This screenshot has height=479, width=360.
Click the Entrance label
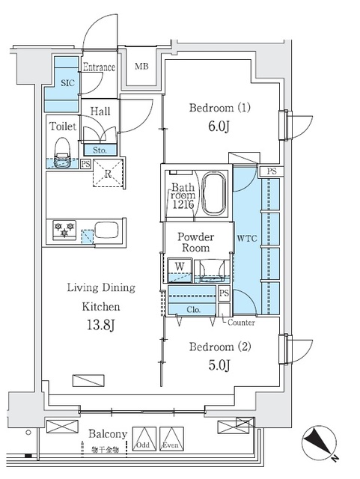(x=99, y=67)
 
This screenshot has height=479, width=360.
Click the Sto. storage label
(x=100, y=149)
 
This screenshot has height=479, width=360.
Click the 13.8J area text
(x=101, y=326)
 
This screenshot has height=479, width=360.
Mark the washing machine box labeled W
(x=180, y=266)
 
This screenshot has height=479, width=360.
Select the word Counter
(x=241, y=323)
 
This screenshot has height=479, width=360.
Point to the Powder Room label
(x=196, y=242)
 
